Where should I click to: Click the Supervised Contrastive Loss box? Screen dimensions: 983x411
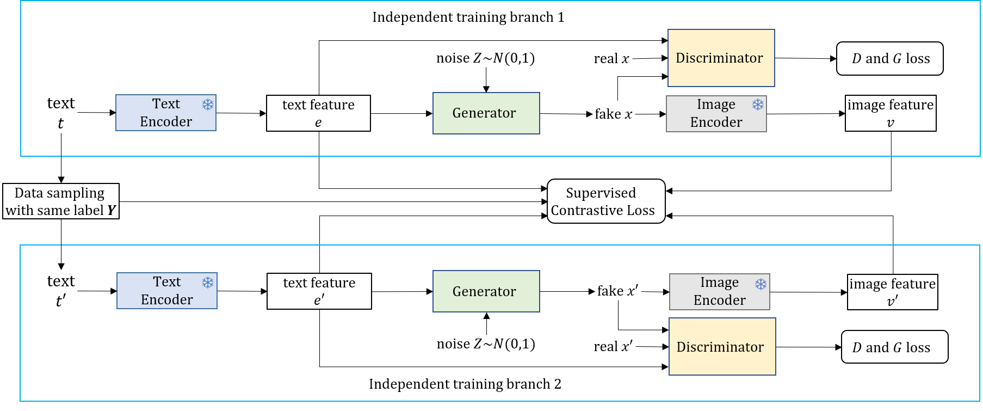click(606, 201)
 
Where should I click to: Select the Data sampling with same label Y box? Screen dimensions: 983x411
click(61, 201)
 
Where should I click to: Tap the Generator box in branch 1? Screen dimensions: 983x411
click(486, 113)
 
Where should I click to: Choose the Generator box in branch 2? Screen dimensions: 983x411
click(486, 291)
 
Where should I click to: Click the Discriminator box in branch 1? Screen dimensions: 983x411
click(721, 58)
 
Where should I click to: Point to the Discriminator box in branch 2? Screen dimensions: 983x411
click(722, 347)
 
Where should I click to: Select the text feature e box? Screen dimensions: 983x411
click(318, 113)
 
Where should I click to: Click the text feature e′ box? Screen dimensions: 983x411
click(319, 291)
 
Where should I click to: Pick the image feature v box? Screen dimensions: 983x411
click(891, 113)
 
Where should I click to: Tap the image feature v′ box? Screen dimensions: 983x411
click(893, 292)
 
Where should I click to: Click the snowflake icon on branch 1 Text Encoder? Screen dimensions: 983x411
click(208, 105)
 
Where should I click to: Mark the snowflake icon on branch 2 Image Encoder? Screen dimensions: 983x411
click(761, 284)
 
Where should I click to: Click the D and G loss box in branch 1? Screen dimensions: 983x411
click(890, 58)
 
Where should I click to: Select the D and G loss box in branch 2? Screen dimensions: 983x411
click(895, 347)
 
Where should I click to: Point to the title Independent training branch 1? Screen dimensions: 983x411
click(468, 17)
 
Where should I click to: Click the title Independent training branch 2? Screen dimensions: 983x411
click(465, 384)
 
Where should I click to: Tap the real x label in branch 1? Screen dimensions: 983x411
click(611, 59)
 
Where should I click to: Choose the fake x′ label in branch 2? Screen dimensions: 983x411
click(618, 291)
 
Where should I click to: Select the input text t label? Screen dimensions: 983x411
click(61, 113)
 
